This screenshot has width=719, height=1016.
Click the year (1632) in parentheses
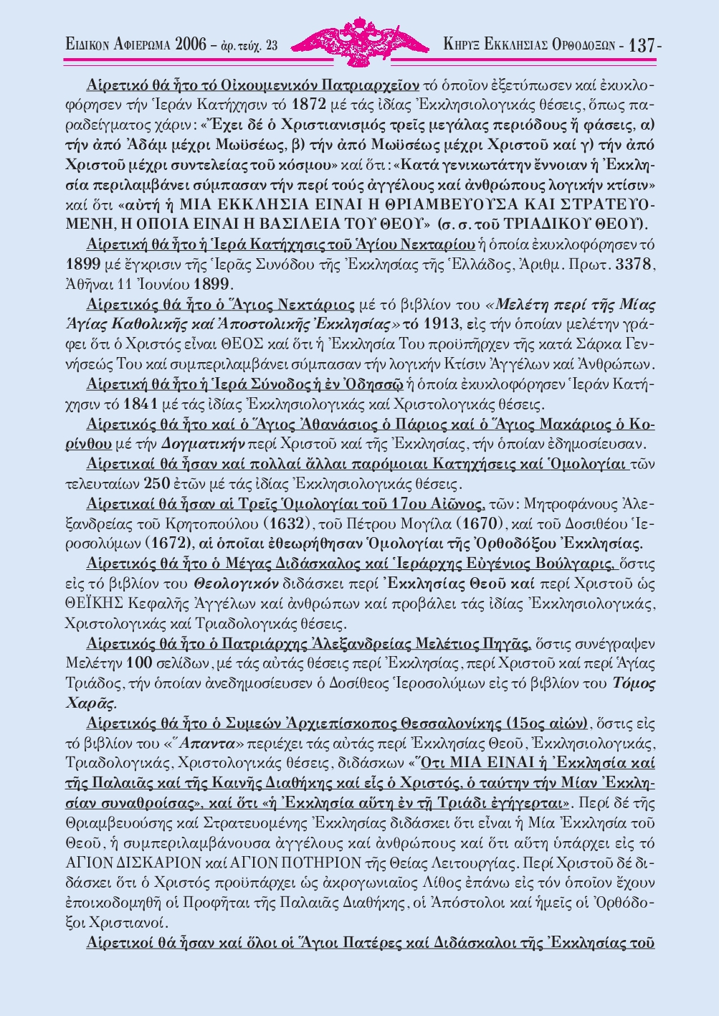tap(287, 519)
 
